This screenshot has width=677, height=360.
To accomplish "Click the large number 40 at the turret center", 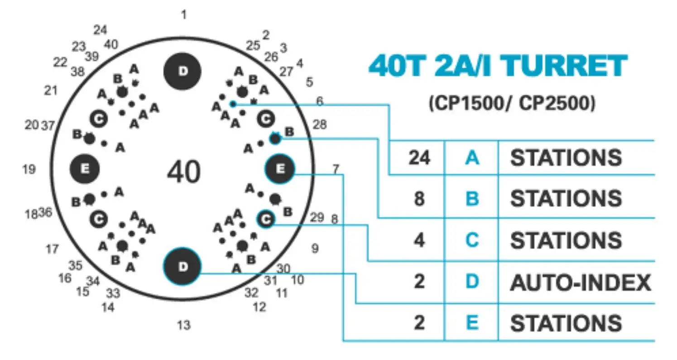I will pyautogui.click(x=183, y=172).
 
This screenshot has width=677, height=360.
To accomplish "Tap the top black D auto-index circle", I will pyautogui.click(x=182, y=71).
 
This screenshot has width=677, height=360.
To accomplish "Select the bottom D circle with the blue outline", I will pyautogui.click(x=182, y=267).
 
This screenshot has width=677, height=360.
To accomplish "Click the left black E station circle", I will pyautogui.click(x=84, y=169).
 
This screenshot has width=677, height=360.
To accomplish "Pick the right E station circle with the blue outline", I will pyautogui.click(x=280, y=169).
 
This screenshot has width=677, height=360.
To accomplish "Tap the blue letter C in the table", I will pyautogui.click(x=472, y=240).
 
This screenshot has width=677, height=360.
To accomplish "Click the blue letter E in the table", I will pyautogui.click(x=472, y=323).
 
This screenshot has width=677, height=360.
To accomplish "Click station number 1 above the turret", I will pyautogui.click(x=183, y=15).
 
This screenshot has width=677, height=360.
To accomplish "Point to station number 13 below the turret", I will pyautogui.click(x=183, y=325).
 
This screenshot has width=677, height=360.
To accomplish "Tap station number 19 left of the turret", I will pyautogui.click(x=29, y=169).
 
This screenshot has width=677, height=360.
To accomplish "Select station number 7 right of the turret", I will pyautogui.click(x=336, y=169).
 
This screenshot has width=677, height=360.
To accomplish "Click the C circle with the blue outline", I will pyautogui.click(x=266, y=219).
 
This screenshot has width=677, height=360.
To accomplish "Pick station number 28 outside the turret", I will pyautogui.click(x=320, y=125).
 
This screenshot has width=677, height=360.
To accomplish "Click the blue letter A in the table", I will pyautogui.click(x=472, y=158).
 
